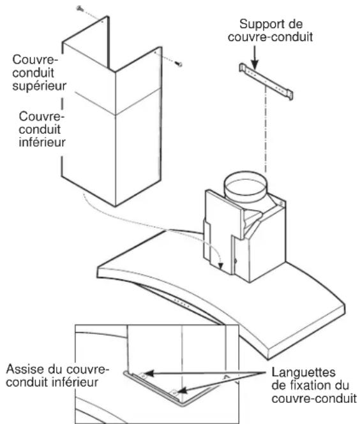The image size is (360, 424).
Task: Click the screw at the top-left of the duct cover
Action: pyautogui.click(x=80, y=8)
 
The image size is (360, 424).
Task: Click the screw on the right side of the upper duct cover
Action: pyautogui.click(x=179, y=64)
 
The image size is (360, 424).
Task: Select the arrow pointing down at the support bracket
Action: pyautogui.click(x=255, y=57)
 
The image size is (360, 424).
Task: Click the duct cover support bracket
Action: pyautogui.click(x=266, y=81)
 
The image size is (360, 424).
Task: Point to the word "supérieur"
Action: pyautogui.click(x=40, y=86)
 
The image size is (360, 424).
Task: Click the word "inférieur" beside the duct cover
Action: pyautogui.click(x=42, y=142)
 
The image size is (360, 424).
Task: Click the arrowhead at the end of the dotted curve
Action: pyautogui.click(x=221, y=266)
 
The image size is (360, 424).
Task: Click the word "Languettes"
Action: pyautogui.click(x=303, y=372)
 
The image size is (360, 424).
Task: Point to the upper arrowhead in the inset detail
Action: pyautogui.click(x=149, y=374)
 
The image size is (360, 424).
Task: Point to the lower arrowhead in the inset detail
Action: pyautogui.click(x=182, y=390)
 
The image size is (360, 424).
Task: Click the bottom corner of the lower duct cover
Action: pyautogui.click(x=116, y=207)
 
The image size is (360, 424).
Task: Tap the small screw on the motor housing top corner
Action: pyautogui.click(x=281, y=203)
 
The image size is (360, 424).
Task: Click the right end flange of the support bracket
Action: pyautogui.click(x=290, y=94)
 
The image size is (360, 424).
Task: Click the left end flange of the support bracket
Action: pyautogui.click(x=243, y=68)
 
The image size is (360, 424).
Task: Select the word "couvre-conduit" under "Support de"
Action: pyautogui.click(x=270, y=37)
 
